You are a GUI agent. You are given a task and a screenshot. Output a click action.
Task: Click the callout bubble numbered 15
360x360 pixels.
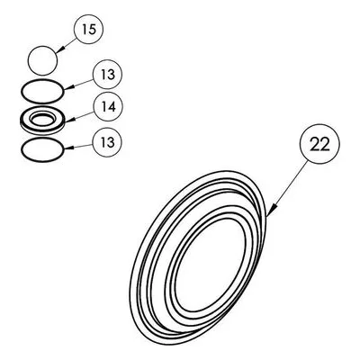click(88, 30)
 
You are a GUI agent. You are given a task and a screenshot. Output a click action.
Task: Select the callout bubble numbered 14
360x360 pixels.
click(108, 106)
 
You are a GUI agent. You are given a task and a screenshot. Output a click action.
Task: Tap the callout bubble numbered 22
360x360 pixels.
click(320, 144)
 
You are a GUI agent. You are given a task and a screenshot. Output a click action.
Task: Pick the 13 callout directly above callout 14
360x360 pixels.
click(108, 74)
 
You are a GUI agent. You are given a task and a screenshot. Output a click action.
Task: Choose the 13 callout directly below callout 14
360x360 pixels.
click(108, 142)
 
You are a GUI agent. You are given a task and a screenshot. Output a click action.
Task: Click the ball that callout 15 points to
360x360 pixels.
click(42, 60)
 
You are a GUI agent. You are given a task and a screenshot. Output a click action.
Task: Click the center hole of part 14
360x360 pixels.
click(42, 120)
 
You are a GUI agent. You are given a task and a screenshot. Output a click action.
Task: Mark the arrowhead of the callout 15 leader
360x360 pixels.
click(58, 51)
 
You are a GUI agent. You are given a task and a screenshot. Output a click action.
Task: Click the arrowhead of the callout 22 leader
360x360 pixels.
click(270, 211)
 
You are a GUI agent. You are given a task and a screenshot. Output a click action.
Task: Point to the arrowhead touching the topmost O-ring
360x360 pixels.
click(67, 89)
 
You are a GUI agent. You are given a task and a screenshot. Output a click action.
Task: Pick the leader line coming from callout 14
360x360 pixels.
click(80, 116)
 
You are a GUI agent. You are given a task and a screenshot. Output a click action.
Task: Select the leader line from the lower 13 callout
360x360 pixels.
click(79, 147)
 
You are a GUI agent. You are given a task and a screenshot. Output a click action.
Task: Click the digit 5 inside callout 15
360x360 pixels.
click(92, 30)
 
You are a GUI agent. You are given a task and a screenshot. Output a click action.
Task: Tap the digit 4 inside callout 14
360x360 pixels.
click(112, 106)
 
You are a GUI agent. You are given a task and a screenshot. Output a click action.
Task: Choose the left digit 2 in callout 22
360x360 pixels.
click(315, 144)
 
